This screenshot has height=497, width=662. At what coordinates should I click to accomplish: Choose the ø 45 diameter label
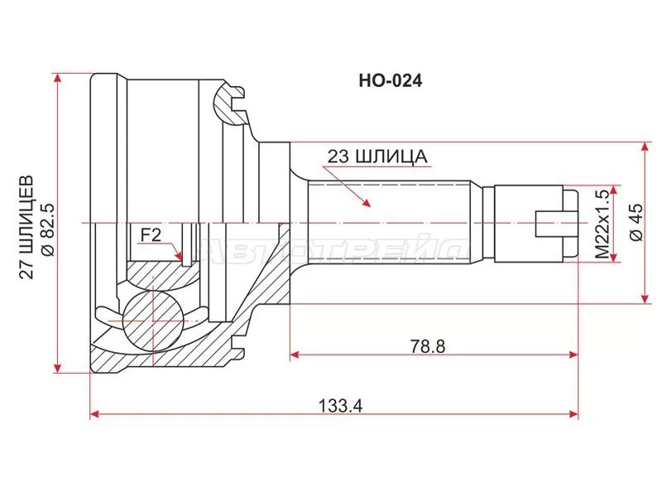[636, 223]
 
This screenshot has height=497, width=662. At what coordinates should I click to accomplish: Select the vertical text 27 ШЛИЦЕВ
[25, 224]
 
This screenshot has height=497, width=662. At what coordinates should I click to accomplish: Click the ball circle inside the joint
[153, 318]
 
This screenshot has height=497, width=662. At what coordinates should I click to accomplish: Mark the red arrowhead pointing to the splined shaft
[364, 201]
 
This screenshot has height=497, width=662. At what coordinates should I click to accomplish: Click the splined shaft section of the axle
[389, 224]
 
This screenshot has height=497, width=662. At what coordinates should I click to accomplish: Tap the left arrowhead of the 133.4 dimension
[95, 413]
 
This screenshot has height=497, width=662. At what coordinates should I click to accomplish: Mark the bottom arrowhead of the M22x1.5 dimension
[612, 258]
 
